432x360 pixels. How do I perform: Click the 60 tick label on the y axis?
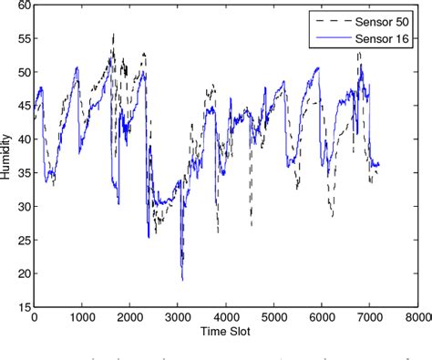[23, 5]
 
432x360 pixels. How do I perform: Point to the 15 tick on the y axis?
[23, 307]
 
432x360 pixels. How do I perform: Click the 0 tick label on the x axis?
[35, 318]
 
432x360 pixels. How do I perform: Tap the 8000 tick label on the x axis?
[417, 318]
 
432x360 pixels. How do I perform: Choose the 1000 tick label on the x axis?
[82, 318]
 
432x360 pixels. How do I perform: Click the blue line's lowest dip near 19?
[182, 279]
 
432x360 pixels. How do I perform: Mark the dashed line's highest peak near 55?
[113, 35]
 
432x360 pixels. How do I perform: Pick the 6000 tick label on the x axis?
[322, 318]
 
